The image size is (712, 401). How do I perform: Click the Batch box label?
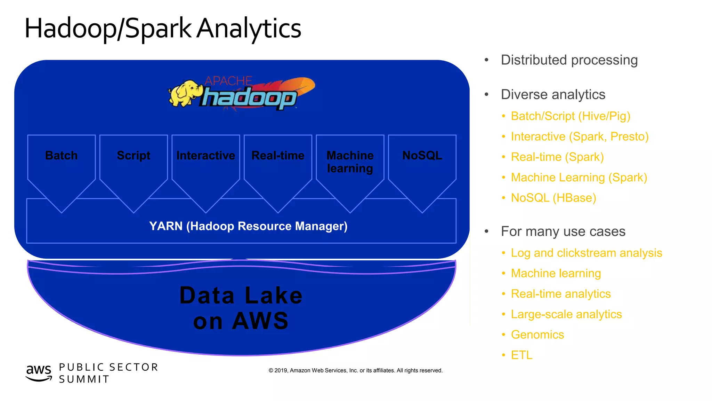pyautogui.click(x=62, y=156)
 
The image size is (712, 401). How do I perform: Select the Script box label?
pyautogui.click(x=133, y=156)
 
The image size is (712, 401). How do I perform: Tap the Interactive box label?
pyautogui.click(x=205, y=156)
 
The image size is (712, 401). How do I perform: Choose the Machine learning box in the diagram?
pyautogui.click(x=350, y=162)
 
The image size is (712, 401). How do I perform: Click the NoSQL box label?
pyautogui.click(x=422, y=156)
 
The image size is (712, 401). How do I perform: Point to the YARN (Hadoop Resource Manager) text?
pyautogui.click(x=248, y=226)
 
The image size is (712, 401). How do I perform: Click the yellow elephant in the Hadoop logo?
pyautogui.click(x=184, y=93)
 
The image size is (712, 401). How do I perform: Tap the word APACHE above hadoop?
pyautogui.click(x=228, y=81)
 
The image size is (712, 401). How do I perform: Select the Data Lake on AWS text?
pyautogui.click(x=241, y=308)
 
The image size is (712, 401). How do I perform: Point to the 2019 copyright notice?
pyautogui.click(x=355, y=370)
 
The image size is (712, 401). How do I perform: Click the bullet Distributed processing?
pyautogui.click(x=569, y=60)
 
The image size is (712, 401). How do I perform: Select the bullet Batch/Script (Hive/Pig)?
pyautogui.click(x=570, y=116)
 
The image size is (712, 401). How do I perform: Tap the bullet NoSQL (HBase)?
pyautogui.click(x=553, y=198)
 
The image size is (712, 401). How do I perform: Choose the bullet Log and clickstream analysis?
pyautogui.click(x=586, y=253)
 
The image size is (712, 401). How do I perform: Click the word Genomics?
pyautogui.click(x=537, y=335)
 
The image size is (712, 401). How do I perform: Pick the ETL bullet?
pyautogui.click(x=521, y=355)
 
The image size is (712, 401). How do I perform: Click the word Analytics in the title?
pyautogui.click(x=249, y=29)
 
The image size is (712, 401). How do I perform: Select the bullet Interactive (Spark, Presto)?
pyautogui.click(x=580, y=136)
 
